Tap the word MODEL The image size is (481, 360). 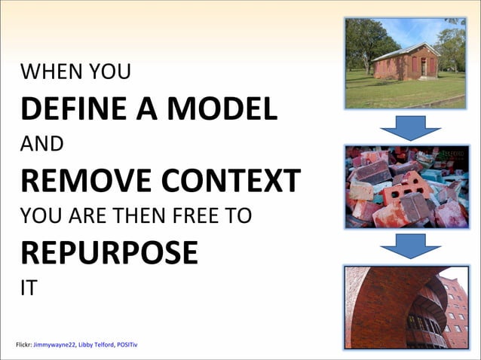click(x=219, y=109)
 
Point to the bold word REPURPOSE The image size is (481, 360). click(x=109, y=253)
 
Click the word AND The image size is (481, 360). click(x=41, y=144)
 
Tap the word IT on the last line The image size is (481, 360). click(x=28, y=288)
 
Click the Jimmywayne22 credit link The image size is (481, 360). click(x=54, y=345)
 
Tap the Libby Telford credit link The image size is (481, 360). click(x=96, y=345)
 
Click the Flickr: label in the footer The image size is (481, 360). click(x=23, y=345)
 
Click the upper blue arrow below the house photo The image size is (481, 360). click(x=409, y=129)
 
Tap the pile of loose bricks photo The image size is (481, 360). click(x=406, y=187)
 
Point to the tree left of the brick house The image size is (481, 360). click(x=366, y=41)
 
